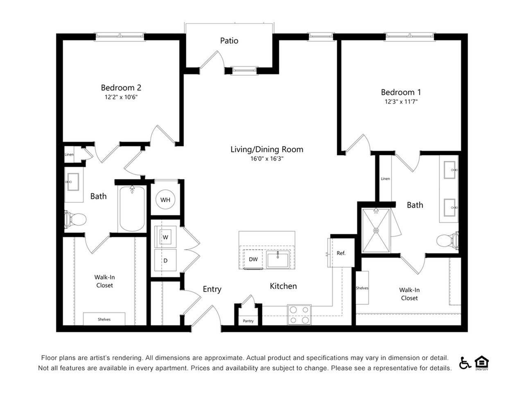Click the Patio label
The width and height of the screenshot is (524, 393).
coord(229,41)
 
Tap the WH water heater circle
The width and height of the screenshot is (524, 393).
coord(165,199)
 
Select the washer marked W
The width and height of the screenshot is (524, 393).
coord(165,237)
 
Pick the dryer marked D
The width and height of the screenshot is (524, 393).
coord(165,260)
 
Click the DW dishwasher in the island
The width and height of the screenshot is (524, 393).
coord(253,259)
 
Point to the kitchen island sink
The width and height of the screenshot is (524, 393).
coord(278,259)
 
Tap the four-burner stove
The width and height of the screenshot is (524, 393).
coord(299,315)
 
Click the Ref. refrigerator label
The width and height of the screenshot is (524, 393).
coord(341,253)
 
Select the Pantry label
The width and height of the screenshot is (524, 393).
coord(248,321)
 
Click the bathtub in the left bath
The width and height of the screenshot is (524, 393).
coord(132,209)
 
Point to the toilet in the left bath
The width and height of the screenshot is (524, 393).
coord(75,219)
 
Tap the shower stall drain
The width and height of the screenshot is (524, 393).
coord(376,230)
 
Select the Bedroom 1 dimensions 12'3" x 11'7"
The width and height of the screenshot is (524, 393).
coord(401,102)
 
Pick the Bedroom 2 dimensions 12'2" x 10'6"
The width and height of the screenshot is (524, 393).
coord(121,97)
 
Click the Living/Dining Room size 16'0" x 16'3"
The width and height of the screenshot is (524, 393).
coord(267,158)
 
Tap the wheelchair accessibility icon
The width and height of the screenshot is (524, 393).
coord(465,363)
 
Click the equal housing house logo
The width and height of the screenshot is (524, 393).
coord(481,362)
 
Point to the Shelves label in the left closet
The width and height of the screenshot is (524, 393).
coord(104,319)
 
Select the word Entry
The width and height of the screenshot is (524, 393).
coord(212,289)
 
